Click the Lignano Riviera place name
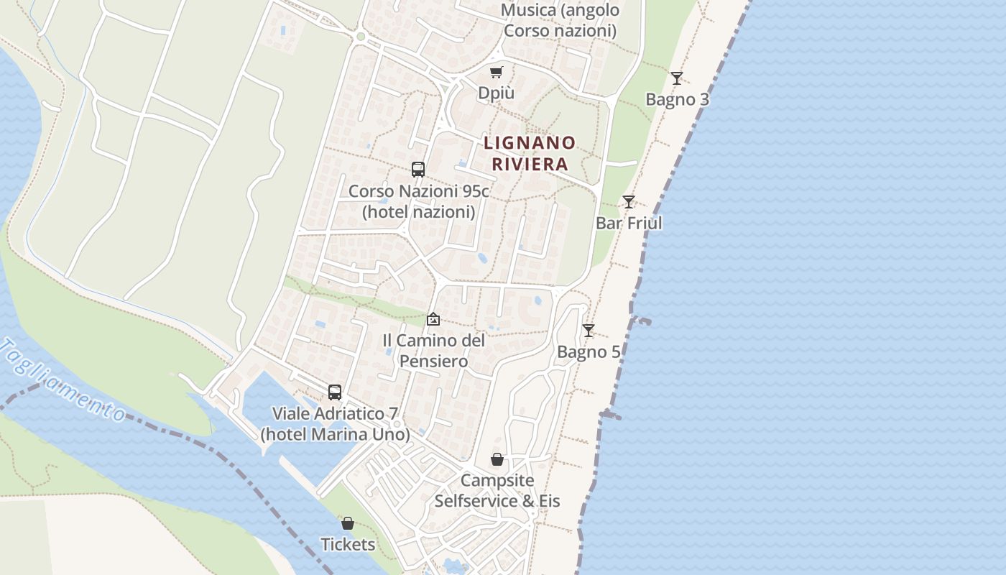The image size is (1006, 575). tap(530, 153)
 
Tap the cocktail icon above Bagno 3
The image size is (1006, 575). tap(676, 78)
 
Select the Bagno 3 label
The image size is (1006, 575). tap(677, 99)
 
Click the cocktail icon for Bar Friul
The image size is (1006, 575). tap(629, 202)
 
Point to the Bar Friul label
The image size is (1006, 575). tap(629, 223)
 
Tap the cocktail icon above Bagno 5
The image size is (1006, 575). tap(589, 331)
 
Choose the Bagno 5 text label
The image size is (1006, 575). tap(589, 352)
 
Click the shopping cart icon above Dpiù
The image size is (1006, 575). tap(496, 72)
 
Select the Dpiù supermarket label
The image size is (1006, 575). tap(496, 93)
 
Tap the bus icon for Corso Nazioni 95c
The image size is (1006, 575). tap(418, 170)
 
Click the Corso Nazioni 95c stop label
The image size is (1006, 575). tap(418, 201)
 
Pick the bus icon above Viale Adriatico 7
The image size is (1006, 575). tap(335, 392)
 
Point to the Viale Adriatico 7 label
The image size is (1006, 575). tap(335, 424)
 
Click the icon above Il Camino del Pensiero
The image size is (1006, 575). tap(433, 319)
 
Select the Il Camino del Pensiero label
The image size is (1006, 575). tap(433, 350)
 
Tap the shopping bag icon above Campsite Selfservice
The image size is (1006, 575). tap(497, 459)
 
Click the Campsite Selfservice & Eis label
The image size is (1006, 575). tap(497, 490)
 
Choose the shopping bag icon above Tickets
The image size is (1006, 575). tap(348, 523)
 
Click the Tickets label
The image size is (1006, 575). tap(348, 544)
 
